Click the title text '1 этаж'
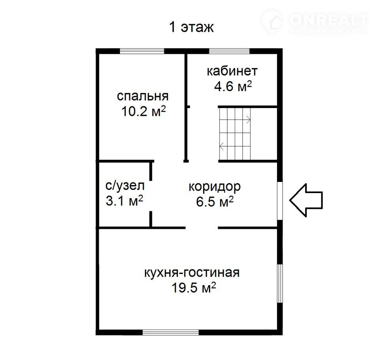(192, 27)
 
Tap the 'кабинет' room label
(232, 71)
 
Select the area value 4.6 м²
(233, 86)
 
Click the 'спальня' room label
(142, 97)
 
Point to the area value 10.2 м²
(143, 112)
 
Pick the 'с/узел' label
(125, 186)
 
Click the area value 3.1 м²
(124, 201)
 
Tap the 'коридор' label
(215, 187)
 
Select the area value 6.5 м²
(215, 202)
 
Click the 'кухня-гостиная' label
(192, 273)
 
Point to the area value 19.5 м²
(194, 288)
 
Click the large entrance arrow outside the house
(306, 200)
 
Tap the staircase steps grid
(235, 134)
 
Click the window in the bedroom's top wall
(142, 51)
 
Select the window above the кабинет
(229, 51)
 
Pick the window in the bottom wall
(171, 332)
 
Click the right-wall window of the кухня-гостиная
(280, 283)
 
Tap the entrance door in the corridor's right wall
(280, 201)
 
